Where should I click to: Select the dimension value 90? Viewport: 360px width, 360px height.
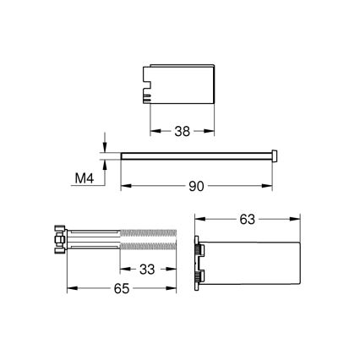197,186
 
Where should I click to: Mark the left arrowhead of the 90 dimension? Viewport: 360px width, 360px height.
123,186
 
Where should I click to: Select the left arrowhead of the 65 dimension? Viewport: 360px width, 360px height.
68,289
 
